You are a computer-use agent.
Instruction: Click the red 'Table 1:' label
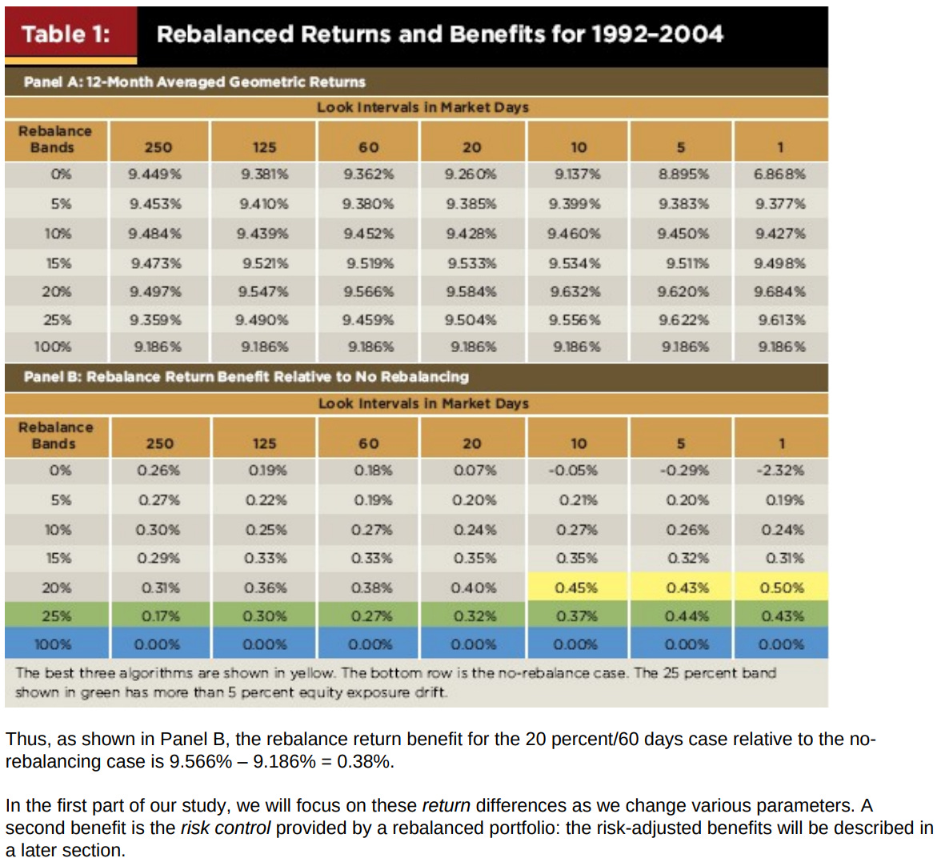66,34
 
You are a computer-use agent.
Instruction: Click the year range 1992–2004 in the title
657,34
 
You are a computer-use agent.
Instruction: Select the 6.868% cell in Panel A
779,174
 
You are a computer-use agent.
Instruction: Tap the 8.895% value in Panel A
683,174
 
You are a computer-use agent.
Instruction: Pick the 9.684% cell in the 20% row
779,292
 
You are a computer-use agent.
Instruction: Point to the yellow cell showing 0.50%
781,587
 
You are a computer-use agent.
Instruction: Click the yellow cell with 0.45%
576,587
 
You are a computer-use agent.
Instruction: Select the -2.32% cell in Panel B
780,471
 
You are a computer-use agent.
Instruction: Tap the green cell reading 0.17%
160,616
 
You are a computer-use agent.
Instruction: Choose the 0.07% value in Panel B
474,471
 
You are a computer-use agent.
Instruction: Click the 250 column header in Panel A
158,147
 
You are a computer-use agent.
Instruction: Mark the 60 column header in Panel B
368,443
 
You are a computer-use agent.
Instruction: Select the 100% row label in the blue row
53,644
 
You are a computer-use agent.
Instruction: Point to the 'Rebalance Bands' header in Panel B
55,435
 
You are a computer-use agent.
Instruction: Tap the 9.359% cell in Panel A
155,320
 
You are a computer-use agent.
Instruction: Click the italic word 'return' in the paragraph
446,805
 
